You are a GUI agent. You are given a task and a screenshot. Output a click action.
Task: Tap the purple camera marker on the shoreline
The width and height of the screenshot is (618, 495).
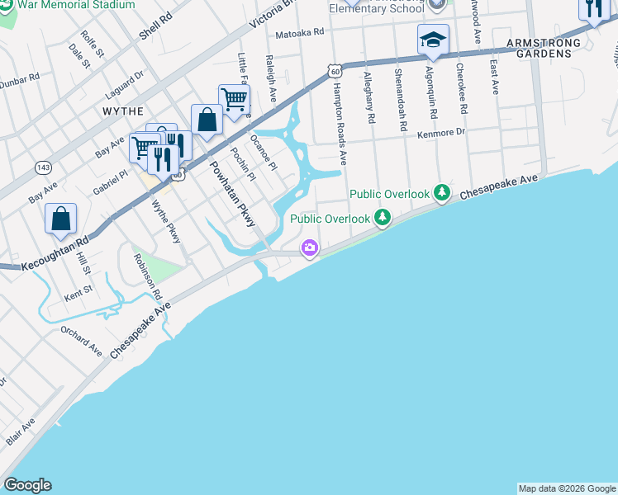click(x=310, y=247)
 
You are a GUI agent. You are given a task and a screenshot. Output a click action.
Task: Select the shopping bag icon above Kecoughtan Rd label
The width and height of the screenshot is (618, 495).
click(x=61, y=220)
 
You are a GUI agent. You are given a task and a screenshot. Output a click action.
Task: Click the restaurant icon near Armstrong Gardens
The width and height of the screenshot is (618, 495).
click(x=592, y=10)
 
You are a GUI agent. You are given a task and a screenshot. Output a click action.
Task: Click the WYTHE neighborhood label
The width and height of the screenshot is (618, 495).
click(x=123, y=111)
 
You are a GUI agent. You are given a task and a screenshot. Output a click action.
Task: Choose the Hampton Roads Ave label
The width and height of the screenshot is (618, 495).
click(x=339, y=115)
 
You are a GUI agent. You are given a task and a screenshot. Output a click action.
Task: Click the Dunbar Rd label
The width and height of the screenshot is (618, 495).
click(x=18, y=81)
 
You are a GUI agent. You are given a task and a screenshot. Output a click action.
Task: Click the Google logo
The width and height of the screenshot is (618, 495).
click(x=27, y=485)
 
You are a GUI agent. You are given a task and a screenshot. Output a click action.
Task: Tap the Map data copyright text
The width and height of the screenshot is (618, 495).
click(x=567, y=488)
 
